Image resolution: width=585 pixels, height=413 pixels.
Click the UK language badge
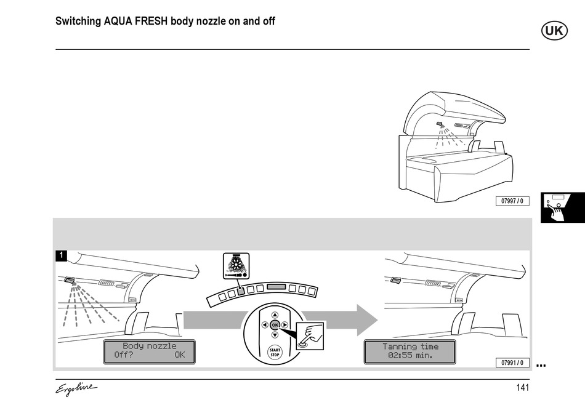554,31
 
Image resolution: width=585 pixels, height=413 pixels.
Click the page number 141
523,388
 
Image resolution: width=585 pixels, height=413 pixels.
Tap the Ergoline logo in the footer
76,388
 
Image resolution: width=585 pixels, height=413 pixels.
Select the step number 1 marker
61,255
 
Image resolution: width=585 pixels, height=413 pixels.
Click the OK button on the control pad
275,325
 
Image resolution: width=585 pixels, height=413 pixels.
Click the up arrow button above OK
275,315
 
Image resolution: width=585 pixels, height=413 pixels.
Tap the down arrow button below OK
275,335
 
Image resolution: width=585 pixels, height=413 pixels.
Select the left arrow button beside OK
265,325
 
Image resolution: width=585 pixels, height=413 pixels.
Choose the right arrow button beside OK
284,325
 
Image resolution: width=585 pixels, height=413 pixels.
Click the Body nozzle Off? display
149,351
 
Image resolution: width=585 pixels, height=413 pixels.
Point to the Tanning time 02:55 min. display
409,351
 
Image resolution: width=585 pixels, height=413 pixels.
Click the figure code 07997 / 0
512,201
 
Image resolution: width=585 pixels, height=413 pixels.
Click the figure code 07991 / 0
512,363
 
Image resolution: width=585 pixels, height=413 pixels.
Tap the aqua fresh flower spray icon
236,266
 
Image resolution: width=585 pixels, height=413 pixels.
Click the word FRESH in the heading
151,22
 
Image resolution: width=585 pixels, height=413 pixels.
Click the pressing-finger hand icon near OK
310,336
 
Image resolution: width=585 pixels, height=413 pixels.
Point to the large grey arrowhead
367,320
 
